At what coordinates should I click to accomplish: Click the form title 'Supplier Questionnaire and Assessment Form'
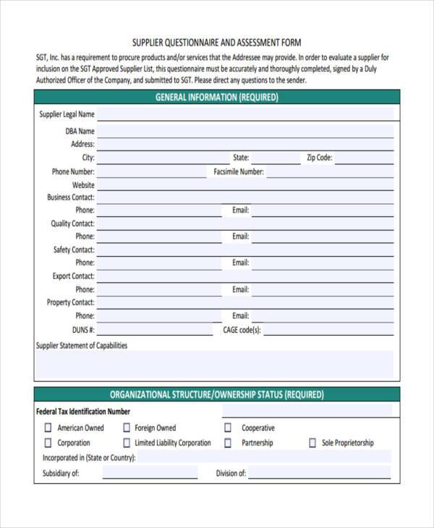click(216, 43)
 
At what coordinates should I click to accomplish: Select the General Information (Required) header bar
click(216, 97)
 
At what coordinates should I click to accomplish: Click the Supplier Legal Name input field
click(246, 114)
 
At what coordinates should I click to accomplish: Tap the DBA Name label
click(80, 132)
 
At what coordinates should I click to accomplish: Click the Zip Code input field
click(365, 158)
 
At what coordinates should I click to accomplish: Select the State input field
click(275, 158)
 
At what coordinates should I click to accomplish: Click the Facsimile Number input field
click(330, 172)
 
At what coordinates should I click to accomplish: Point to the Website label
click(83, 185)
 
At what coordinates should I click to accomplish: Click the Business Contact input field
click(246, 197)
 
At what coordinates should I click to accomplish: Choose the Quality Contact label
click(72, 223)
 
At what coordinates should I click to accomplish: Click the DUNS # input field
click(159, 330)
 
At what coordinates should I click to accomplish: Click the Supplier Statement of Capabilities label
click(82, 346)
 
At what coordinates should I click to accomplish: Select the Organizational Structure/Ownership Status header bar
click(216, 395)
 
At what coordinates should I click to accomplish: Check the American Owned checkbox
click(48, 428)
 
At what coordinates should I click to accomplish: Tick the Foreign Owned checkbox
click(127, 428)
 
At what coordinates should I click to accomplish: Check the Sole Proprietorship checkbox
click(312, 443)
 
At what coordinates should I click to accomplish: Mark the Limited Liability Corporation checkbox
click(127, 443)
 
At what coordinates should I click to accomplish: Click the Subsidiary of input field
click(150, 474)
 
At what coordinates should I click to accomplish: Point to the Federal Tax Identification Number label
click(83, 412)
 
